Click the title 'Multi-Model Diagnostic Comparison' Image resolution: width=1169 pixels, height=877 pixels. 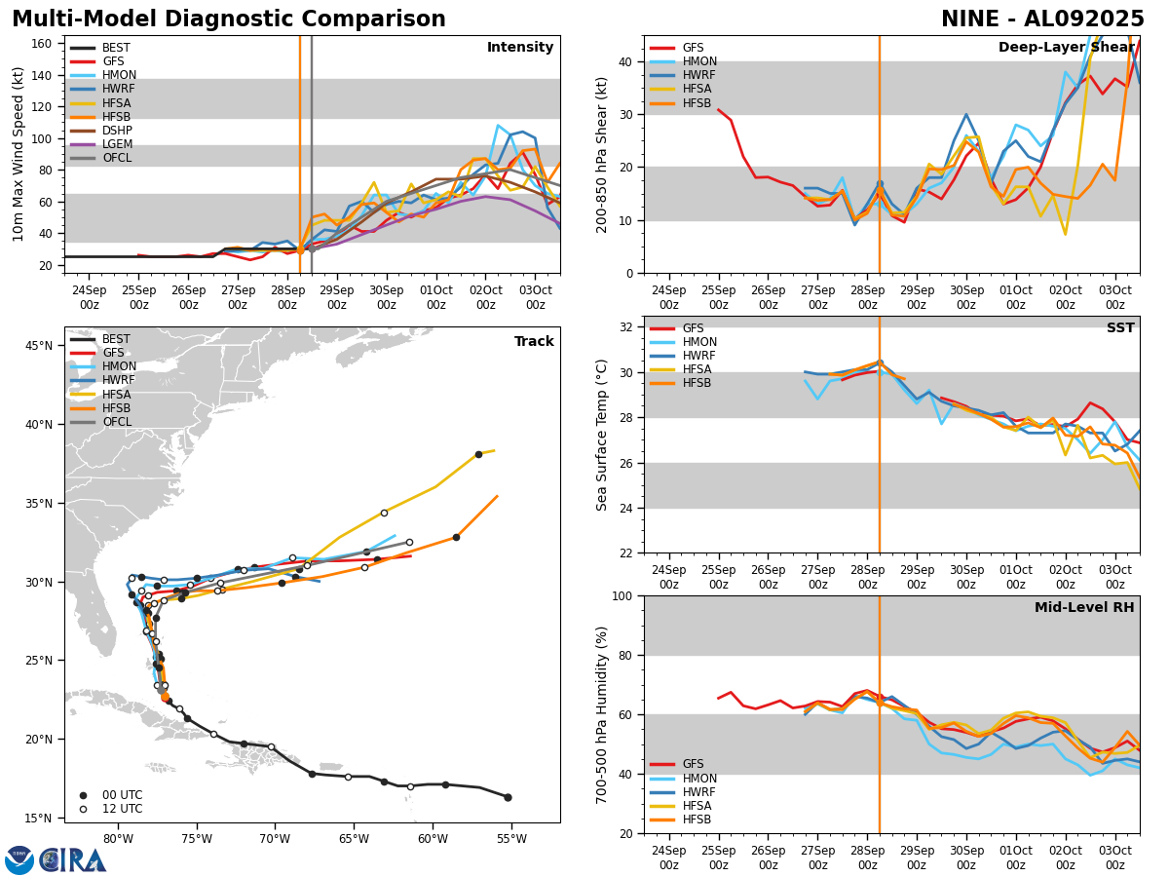229,19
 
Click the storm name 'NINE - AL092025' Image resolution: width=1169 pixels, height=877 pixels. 1042,19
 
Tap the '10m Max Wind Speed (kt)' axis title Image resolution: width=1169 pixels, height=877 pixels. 19,154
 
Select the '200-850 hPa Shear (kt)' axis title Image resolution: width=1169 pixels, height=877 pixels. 602,154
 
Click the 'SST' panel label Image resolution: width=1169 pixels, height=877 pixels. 1120,328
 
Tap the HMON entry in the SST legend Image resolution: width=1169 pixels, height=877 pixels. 699,342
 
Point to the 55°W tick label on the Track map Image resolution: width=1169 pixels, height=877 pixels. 510,839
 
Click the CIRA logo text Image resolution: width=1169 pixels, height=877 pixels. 73,860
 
